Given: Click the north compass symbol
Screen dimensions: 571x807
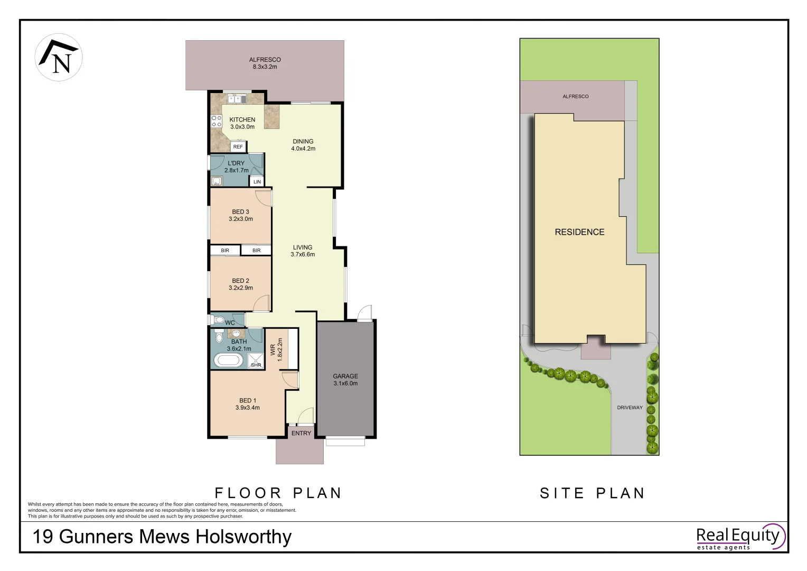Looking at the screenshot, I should coord(59,58).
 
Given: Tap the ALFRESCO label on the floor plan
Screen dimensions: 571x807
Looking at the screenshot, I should coord(265,60).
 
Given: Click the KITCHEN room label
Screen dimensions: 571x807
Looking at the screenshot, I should coord(242,120).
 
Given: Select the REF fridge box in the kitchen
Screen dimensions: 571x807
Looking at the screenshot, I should coord(238,147).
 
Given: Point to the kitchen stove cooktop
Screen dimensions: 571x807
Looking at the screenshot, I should coord(217,121).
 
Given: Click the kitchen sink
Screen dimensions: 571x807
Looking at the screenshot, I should coord(237,98).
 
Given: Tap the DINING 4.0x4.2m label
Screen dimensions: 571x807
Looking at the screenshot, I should coord(303,145).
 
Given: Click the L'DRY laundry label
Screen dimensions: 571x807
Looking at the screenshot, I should coord(236,163).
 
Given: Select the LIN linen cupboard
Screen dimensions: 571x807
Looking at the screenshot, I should coord(257,182).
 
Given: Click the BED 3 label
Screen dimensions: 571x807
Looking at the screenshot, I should coord(240,212).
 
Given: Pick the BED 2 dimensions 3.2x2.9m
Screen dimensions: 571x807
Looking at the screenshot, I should coord(241,288).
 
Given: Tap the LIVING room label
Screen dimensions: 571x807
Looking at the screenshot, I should coord(303,247).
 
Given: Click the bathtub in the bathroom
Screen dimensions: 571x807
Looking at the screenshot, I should coord(228,361).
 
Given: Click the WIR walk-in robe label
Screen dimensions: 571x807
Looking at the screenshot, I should coord(273,349).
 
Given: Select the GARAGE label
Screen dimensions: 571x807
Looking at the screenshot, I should coord(345,376).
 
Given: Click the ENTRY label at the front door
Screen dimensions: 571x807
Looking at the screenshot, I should coord(301,434).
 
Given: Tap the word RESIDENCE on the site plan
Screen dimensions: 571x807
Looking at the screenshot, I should coord(579,232).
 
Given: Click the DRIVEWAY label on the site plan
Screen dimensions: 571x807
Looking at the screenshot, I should coord(630,408).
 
